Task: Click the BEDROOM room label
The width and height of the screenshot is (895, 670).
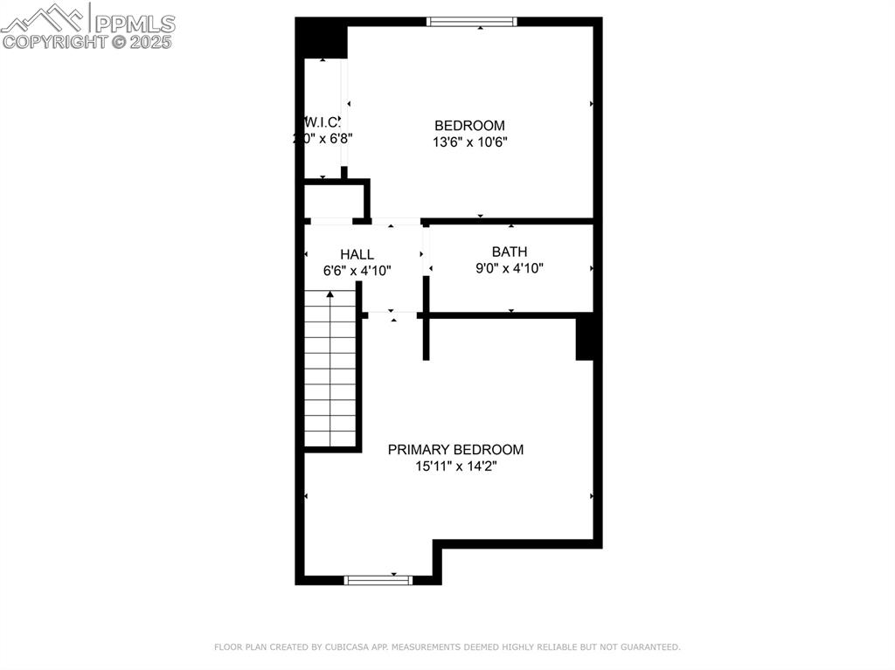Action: coord(469,126)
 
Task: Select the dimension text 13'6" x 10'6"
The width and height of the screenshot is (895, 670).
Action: coord(469,142)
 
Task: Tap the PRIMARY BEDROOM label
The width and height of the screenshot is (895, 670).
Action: coord(455,450)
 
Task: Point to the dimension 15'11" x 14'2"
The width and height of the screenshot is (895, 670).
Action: coord(455,466)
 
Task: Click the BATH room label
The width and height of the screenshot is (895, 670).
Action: coord(510,252)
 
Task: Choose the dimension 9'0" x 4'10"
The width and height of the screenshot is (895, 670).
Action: coord(510,268)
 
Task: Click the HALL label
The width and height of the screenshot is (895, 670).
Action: coord(357,254)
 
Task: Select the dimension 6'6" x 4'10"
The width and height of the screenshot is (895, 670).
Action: coord(357,271)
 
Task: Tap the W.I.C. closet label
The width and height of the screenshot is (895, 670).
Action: coord(322,122)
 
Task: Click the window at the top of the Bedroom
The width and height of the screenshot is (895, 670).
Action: coord(471,22)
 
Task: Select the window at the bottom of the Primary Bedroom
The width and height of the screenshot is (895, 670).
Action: coord(378,579)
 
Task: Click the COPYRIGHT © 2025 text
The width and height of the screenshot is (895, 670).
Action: coord(87,41)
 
